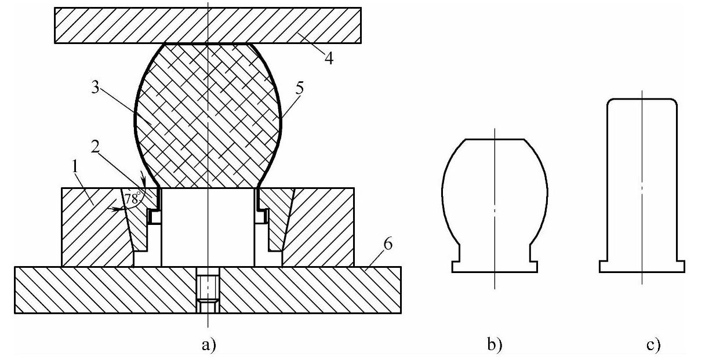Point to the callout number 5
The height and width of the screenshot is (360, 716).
coord(299,88)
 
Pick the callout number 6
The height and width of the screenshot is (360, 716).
coord(388,244)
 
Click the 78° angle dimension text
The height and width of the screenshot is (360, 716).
coord(132,198)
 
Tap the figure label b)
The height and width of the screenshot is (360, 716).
coord(494,345)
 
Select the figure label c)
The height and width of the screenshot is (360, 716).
coord(653,345)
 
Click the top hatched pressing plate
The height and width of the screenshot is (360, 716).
coord(208,26)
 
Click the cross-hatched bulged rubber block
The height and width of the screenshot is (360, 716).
coord(208,116)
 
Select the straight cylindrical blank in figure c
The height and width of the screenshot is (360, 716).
coord(642,174)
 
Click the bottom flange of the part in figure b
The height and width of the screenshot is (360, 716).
coord(494,267)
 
